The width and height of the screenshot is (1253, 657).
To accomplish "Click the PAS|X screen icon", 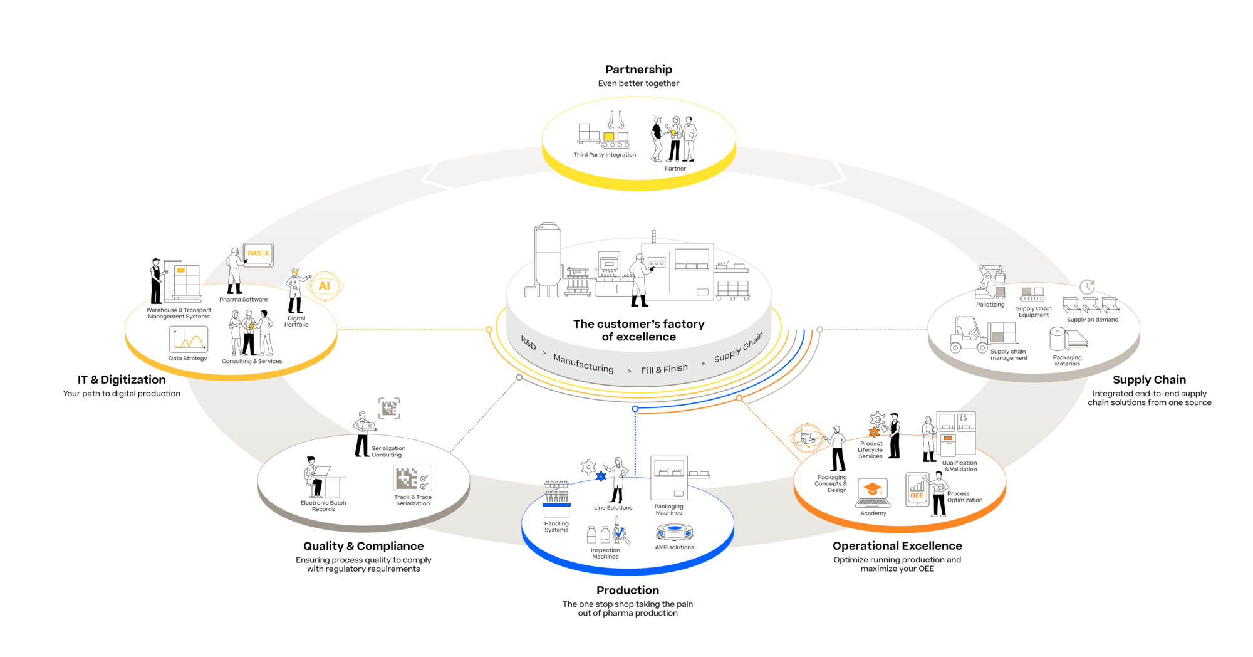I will click(258, 254).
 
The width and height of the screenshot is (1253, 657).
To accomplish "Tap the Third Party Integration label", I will click(605, 155).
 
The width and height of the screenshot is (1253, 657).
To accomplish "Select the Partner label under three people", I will click(675, 169).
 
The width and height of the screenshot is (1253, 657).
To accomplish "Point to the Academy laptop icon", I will click(873, 494).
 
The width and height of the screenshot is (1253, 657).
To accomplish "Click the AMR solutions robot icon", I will click(674, 532).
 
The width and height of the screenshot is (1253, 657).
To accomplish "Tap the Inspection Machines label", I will click(605, 554).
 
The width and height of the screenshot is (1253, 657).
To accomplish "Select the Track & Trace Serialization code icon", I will click(412, 479).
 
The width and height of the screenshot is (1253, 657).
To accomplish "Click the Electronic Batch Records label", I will click(323, 506).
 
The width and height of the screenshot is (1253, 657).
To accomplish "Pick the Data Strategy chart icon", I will click(188, 340).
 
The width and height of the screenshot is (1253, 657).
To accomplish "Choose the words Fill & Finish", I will click(664, 369).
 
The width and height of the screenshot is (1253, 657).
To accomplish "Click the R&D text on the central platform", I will click(529, 344).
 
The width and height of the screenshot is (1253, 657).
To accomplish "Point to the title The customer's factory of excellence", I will click(638, 330).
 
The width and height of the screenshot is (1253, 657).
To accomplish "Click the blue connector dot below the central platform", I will click(635, 409).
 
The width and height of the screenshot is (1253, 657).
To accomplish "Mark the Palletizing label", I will click(990, 305).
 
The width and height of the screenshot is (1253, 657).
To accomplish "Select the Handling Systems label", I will click(556, 527).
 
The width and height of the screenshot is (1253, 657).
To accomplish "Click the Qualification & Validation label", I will click(960, 466).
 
